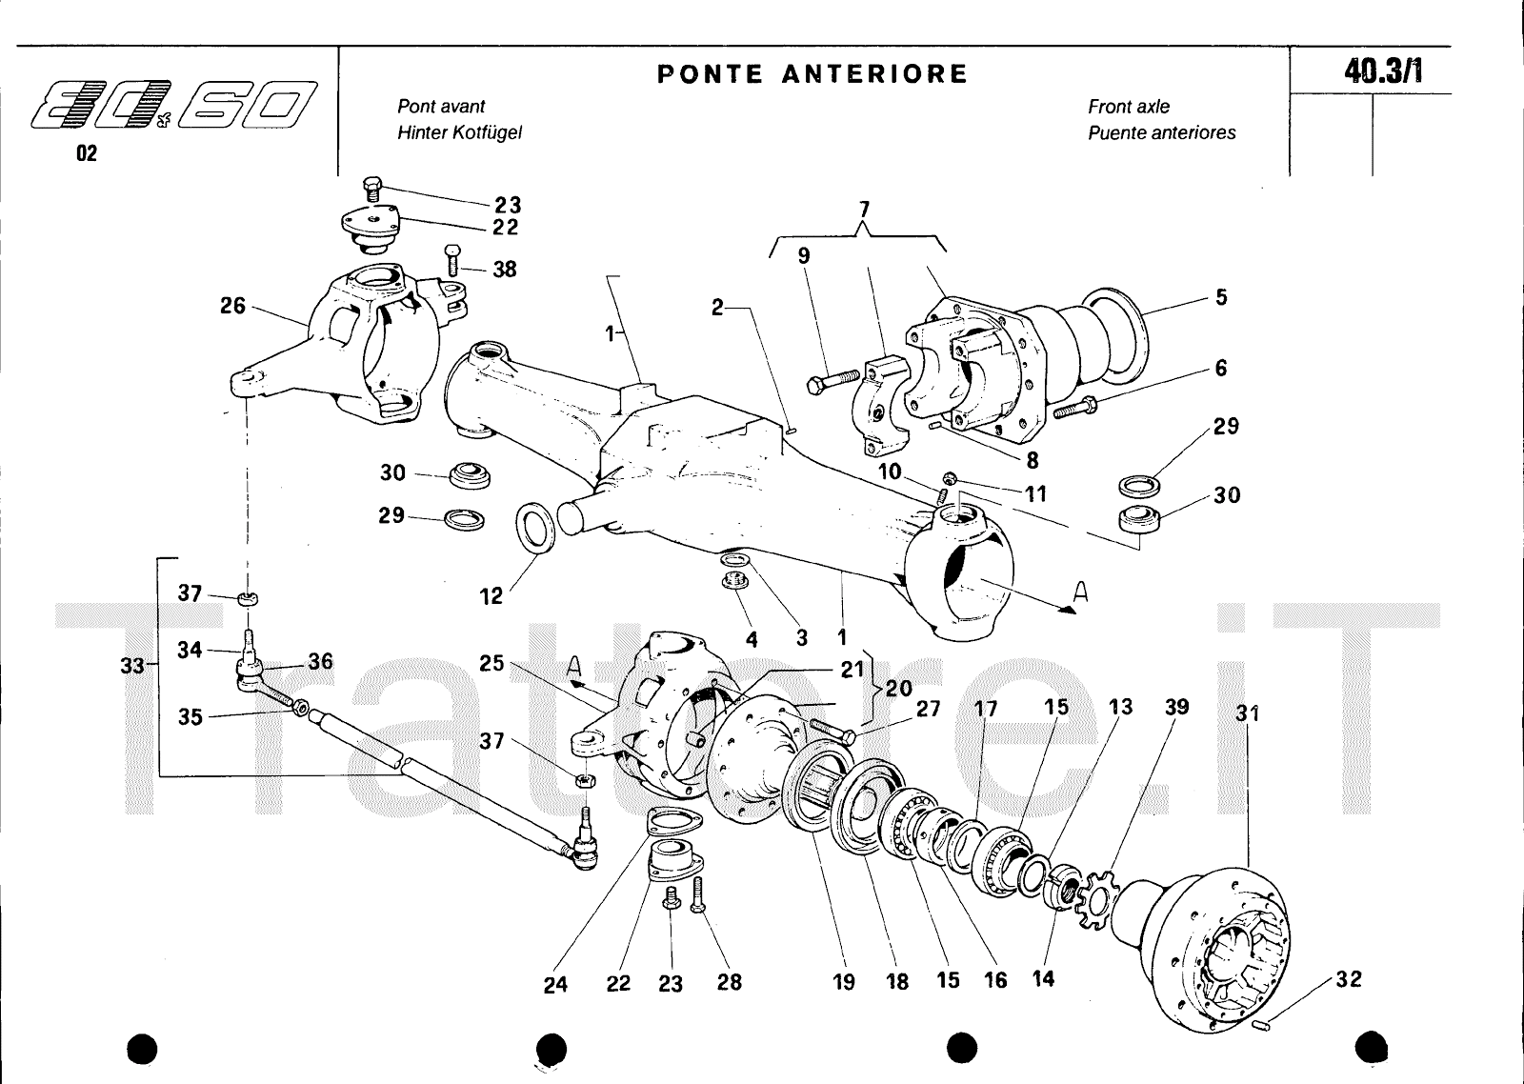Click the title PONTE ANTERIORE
coord(812,74)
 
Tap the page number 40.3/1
coord(1383,71)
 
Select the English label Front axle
coord(1129,107)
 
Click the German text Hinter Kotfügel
coord(459,132)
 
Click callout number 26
coord(232,306)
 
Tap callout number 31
coord(1248,712)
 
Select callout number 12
coord(491,596)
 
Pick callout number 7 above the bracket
coord(864,209)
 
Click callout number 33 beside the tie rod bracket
coord(132,666)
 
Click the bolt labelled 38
coord(453,259)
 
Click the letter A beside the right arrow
coord(1079,592)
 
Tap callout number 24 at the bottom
coord(555,985)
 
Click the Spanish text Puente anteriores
coord(1162,132)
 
